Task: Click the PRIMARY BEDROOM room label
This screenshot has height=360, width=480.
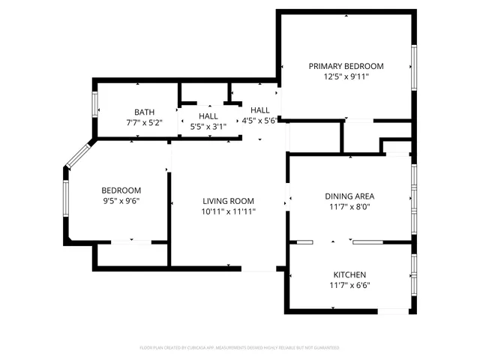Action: (x=346, y=66)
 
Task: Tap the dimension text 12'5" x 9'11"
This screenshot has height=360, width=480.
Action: (x=346, y=76)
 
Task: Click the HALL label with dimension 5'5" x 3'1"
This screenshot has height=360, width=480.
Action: (x=208, y=116)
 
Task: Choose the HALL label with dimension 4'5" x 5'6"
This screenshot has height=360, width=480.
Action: (x=259, y=109)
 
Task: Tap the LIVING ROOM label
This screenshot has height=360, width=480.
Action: (x=228, y=201)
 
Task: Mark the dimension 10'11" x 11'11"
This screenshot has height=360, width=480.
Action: (x=228, y=211)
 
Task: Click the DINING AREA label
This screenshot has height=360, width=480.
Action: (x=349, y=196)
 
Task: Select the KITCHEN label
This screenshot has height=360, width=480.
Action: (x=349, y=274)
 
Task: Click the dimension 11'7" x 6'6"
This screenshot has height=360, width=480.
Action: (x=349, y=285)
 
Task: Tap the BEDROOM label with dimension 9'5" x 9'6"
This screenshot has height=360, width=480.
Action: (x=121, y=190)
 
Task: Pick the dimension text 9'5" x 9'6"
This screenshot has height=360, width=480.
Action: (x=121, y=201)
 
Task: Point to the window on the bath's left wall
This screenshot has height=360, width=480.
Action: (x=94, y=104)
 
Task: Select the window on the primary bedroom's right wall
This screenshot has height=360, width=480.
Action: (x=412, y=67)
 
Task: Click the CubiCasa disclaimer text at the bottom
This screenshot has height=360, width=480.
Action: (x=240, y=348)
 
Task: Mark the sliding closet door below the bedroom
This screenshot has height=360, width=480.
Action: (x=131, y=242)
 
